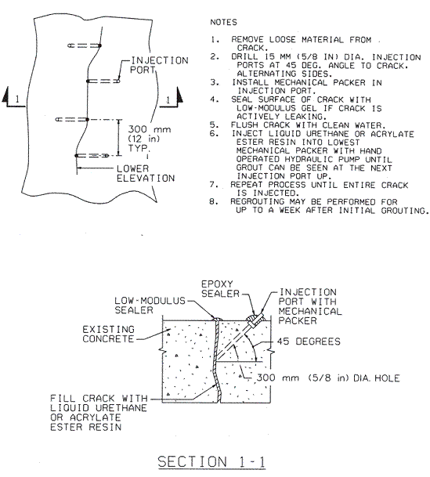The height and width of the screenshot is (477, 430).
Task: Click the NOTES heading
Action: (223, 22)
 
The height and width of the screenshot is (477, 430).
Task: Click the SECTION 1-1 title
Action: (211, 462)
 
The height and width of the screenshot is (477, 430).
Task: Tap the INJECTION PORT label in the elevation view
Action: (159, 65)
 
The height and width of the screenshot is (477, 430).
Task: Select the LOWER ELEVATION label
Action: (146, 173)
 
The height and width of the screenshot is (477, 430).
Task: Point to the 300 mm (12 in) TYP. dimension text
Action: (149, 139)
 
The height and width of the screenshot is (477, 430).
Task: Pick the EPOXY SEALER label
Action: (220, 289)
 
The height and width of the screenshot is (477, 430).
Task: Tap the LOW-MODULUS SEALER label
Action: (150, 305)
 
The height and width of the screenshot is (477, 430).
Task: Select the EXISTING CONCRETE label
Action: (108, 334)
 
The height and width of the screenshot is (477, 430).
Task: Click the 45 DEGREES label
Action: (309, 341)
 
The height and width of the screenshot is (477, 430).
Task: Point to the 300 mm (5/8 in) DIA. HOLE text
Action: (328, 378)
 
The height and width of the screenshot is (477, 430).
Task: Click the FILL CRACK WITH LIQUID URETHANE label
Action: (99, 413)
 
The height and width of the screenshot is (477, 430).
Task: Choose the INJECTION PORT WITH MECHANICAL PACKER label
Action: (310, 306)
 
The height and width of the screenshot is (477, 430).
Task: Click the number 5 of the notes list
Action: (214, 125)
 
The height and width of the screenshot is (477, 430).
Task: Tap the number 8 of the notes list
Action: (214, 202)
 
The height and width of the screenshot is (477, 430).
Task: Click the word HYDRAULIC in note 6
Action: (309, 159)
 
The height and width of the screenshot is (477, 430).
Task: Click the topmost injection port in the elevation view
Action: (85, 45)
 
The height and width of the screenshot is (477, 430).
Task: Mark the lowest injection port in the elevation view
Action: (92, 156)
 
